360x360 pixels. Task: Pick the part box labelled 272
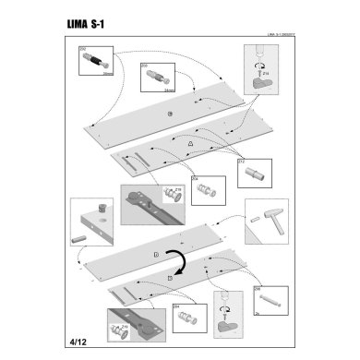tap(251, 170)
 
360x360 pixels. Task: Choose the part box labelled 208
tap(267, 299)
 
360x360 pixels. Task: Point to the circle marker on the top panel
tap(170, 113)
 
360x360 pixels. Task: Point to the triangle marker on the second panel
tap(189, 145)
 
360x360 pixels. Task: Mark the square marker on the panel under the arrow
tap(171, 276)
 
